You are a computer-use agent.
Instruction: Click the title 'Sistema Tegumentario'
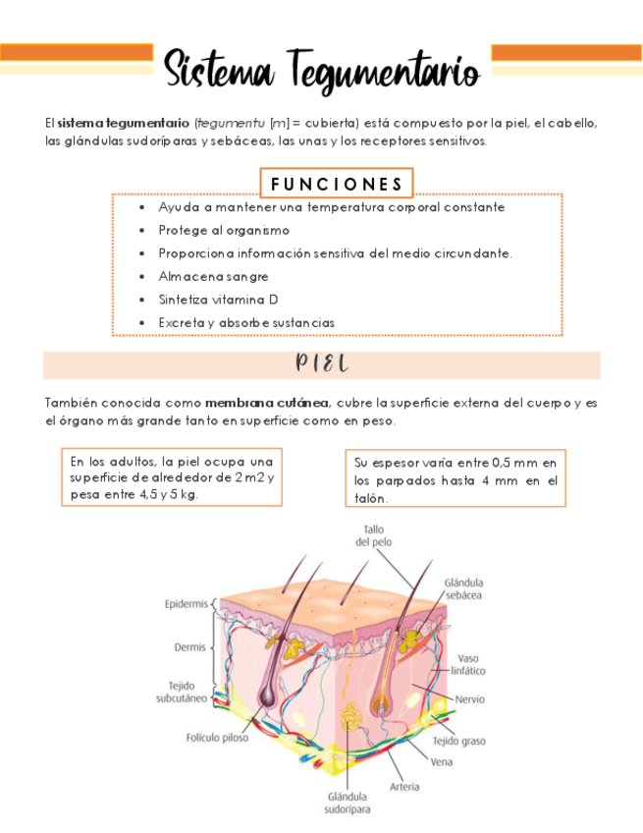click(321, 71)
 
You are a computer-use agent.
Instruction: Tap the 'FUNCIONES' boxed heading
click(337, 184)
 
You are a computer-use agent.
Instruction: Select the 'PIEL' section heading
click(322, 364)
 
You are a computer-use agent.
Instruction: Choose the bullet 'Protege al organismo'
click(224, 230)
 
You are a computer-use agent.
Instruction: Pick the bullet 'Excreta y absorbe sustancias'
click(246, 321)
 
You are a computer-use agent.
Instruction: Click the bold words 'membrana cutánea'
click(268, 402)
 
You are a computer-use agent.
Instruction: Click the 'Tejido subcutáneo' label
click(181, 692)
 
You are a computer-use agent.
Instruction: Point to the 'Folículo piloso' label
click(217, 737)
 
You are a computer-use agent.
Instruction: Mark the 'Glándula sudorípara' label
click(348, 803)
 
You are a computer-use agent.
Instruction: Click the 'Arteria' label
click(404, 786)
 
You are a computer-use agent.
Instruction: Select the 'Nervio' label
click(469, 699)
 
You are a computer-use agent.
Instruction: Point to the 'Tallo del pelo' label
click(373, 535)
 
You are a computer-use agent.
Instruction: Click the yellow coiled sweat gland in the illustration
click(348, 723)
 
